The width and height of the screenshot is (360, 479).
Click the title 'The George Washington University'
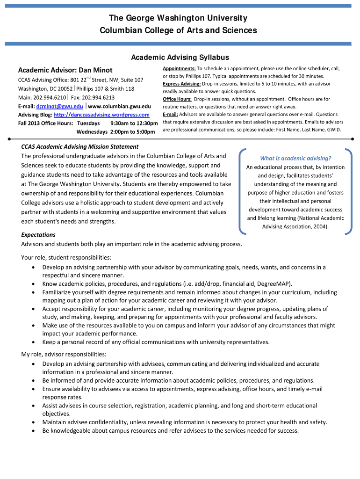(178, 18)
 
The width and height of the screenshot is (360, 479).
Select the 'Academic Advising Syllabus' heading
(180, 58)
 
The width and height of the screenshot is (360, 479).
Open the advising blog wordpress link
(101, 115)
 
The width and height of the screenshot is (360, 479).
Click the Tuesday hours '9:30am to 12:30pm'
(134, 123)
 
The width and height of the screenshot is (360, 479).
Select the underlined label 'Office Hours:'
(177, 99)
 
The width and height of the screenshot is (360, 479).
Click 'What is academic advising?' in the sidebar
(295, 158)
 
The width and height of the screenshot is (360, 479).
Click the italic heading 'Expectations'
(38, 234)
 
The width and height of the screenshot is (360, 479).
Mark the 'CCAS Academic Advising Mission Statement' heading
(80, 146)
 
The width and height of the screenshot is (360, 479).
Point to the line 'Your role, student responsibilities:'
(66, 257)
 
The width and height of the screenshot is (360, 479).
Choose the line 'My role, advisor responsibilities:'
(64, 354)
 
